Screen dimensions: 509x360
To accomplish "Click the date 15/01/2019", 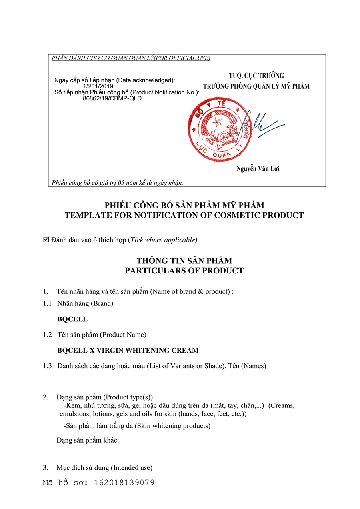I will (98, 86).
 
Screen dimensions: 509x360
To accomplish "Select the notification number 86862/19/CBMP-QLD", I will (112, 98).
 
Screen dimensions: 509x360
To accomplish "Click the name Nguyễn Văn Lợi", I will (258, 169).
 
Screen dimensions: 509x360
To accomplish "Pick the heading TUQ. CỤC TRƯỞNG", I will (256, 76).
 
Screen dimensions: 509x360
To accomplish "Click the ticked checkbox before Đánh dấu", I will (46, 240).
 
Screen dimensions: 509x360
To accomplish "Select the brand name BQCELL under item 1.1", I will (72, 319).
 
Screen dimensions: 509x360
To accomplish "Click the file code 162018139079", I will (124, 483).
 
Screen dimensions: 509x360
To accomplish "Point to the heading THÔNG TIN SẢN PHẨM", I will (184, 261).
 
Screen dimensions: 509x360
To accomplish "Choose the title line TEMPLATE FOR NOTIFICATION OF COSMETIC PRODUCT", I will (184, 215).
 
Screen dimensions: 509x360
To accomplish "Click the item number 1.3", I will (48, 366).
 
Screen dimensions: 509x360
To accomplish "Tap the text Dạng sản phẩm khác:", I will (88, 440).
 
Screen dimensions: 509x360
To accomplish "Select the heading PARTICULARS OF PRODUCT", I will (184, 271).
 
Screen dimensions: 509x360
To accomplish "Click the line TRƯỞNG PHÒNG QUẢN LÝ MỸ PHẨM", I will (256, 86).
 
